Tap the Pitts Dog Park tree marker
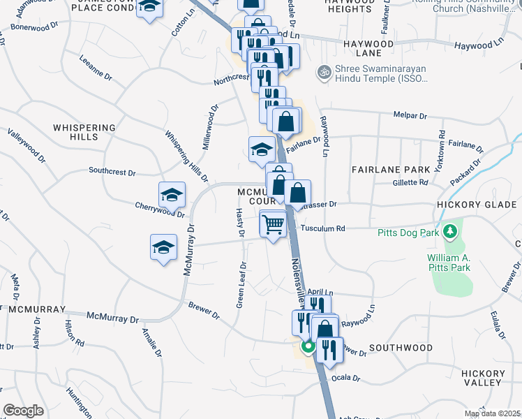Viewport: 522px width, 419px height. point(451,230)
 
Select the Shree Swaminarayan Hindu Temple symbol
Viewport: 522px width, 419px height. point(324,72)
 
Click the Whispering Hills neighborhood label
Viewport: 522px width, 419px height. point(84,132)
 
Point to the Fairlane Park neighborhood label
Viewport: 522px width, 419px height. point(391,170)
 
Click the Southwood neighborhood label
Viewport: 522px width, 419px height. point(401,347)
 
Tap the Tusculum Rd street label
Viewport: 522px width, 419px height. point(323,228)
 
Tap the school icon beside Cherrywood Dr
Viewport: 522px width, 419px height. point(172,195)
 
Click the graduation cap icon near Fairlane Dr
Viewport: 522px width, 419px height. point(262,148)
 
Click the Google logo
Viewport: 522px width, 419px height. point(23,411)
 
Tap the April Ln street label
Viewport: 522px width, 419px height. point(321,293)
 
